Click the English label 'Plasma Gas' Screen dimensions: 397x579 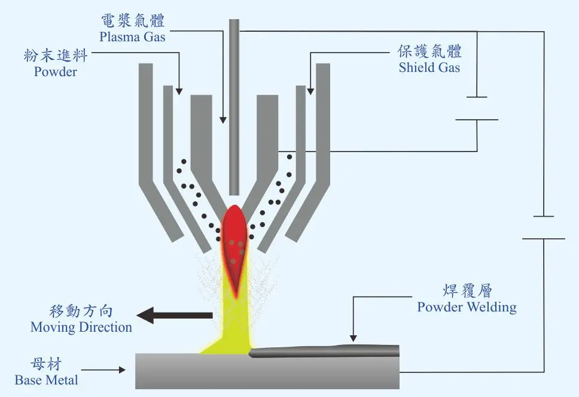pyautogui.click(x=132, y=37)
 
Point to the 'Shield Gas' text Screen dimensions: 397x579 pyautogui.click(x=429, y=68)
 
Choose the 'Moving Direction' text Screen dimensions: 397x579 pyautogui.click(x=81, y=328)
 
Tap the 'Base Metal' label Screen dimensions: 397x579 pyautogui.click(x=46, y=380)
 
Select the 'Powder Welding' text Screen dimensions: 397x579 pyautogui.click(x=467, y=308)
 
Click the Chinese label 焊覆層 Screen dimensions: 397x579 pyautogui.click(x=467, y=292)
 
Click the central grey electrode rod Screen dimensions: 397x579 pyautogui.click(x=234, y=108)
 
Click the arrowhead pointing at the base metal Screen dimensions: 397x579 pyautogui.click(x=123, y=370)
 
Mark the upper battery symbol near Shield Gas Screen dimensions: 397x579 pyautogui.click(x=477, y=108)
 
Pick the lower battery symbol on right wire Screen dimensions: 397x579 pyautogui.click(x=543, y=228)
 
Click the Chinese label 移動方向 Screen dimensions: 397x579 pyautogui.click(x=81, y=312)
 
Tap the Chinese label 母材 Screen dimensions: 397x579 pyautogui.click(x=46, y=364)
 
